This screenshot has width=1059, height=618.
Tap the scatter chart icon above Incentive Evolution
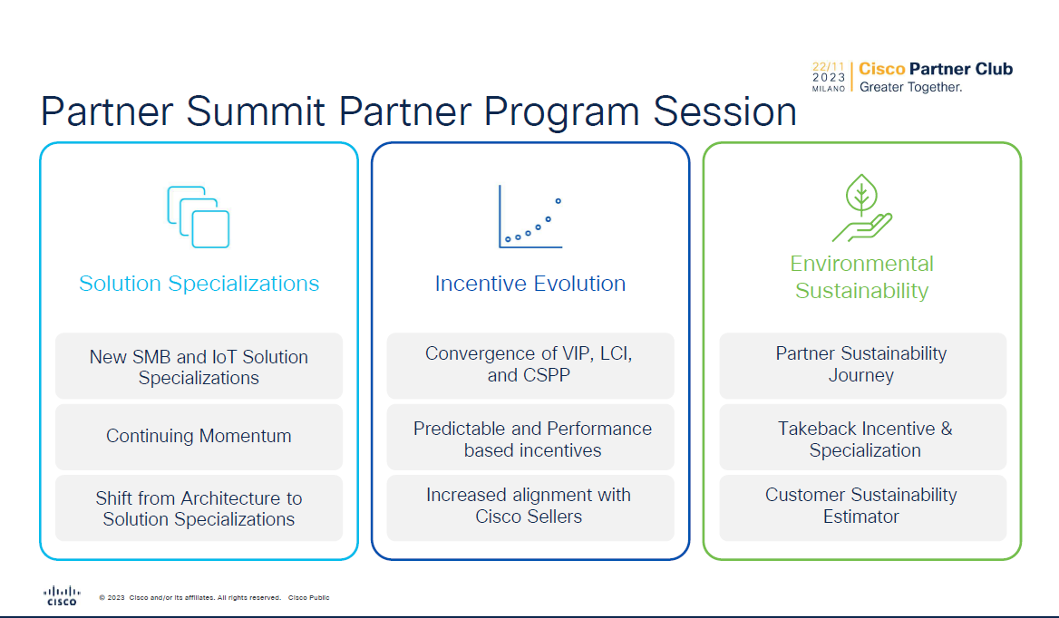pos(530,217)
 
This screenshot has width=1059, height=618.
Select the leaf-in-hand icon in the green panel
pos(861,208)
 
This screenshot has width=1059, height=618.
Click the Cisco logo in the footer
pos(62,595)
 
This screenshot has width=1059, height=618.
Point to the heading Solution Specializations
pos(199,284)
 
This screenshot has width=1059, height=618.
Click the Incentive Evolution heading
pos(530,284)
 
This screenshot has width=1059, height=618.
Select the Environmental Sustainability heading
pos(861,276)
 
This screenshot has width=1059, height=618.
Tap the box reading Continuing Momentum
pos(199,437)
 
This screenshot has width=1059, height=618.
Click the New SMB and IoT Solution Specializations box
pos(199,366)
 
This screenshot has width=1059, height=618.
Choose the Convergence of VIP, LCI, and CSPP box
pos(530,366)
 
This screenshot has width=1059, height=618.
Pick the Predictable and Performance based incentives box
pos(530,437)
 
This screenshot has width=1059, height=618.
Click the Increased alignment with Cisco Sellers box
pos(530,507)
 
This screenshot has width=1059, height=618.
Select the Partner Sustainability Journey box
pos(862,366)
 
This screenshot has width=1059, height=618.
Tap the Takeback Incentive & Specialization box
pos(862,437)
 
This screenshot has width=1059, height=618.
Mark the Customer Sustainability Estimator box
pos(862,507)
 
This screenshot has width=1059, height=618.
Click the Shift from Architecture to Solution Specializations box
pos(199,507)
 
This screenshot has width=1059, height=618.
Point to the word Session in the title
pos(724,111)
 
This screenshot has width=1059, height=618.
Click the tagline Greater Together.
pos(910,87)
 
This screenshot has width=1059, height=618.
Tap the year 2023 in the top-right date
pos(829,78)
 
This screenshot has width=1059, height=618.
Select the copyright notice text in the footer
pos(214,598)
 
